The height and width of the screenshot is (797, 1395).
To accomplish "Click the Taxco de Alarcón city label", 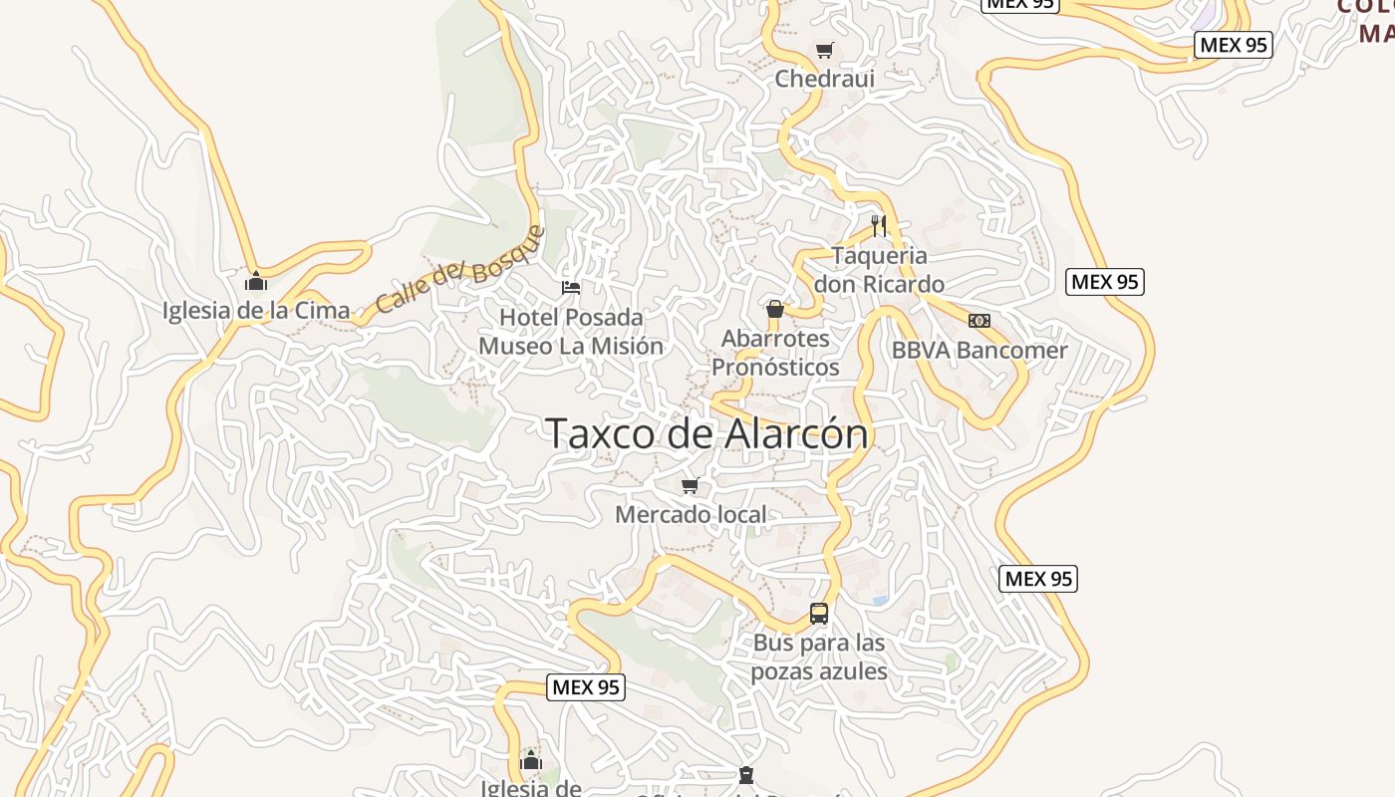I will coord(707,433).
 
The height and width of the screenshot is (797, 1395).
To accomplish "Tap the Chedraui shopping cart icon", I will coord(824,50).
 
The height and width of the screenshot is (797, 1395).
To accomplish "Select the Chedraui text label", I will coord(824,78).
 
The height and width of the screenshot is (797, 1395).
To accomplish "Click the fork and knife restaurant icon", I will coord(878,226).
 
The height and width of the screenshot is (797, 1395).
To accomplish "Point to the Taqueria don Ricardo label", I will coord(879,269).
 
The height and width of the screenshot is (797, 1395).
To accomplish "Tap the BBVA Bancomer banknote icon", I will coord(979,321).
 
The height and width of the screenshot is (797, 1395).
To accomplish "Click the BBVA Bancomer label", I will coord(978,350).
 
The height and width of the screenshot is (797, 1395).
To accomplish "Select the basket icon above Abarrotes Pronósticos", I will coord(775,309).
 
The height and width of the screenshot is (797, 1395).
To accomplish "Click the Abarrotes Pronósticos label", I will coord(775,353).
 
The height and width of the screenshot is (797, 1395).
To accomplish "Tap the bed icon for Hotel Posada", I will coord(571,288).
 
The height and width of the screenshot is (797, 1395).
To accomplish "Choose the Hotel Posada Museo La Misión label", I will coord(571,331).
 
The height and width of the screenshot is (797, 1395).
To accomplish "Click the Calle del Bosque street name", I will coord(461,269).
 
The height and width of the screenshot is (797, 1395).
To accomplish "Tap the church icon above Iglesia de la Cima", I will coord(256,282).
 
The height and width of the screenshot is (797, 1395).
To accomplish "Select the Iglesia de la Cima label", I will coord(256,310).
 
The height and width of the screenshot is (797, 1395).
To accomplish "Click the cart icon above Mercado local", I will coord(690,486).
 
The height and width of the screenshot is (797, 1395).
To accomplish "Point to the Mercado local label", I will coord(691,514).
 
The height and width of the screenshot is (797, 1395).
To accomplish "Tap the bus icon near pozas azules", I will coord(819,614).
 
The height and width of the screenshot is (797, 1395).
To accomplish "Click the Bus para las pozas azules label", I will coord(819,657).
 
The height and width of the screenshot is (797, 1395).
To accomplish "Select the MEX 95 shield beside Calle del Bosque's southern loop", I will coord(586,686).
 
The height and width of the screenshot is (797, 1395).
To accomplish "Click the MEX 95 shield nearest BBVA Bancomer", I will coord(1104,282).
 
